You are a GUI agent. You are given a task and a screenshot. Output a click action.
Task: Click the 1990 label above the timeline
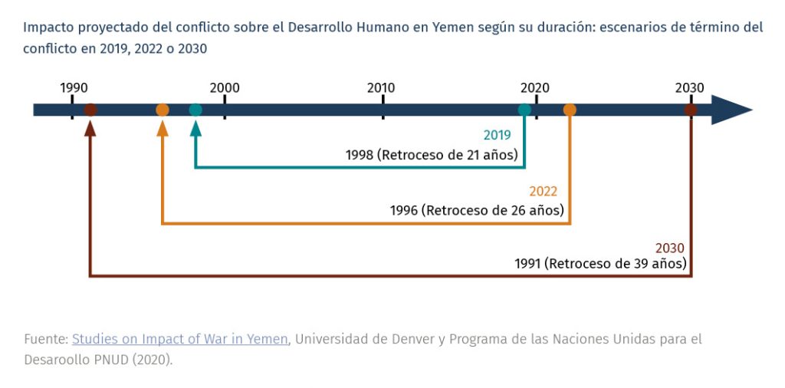74,87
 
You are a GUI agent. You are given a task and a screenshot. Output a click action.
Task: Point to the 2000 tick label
225,87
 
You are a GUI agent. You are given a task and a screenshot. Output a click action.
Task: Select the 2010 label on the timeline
381,87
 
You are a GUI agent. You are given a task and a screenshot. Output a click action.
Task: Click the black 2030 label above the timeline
690,87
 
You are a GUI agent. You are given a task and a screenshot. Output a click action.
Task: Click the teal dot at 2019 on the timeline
524,110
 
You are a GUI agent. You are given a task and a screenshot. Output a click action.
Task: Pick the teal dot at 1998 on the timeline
195,110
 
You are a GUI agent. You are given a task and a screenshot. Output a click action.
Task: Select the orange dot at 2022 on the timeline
570,110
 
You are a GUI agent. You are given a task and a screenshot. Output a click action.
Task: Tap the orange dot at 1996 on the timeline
163,110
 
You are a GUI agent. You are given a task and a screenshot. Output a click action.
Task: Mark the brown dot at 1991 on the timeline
90,110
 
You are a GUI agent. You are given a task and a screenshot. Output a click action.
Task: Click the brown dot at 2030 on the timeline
691,110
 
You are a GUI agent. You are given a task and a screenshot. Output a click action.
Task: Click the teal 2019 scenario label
497,135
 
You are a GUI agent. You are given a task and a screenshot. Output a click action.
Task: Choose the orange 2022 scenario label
543,192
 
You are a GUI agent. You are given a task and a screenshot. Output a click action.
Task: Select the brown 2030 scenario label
669,248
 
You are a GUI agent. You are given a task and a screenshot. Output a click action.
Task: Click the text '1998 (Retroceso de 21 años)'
432,155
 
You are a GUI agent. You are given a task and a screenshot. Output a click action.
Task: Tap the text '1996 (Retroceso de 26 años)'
477,210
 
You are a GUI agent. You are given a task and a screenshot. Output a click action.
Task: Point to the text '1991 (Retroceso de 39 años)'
599,264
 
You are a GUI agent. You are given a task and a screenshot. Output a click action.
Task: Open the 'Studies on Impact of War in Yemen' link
180,339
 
